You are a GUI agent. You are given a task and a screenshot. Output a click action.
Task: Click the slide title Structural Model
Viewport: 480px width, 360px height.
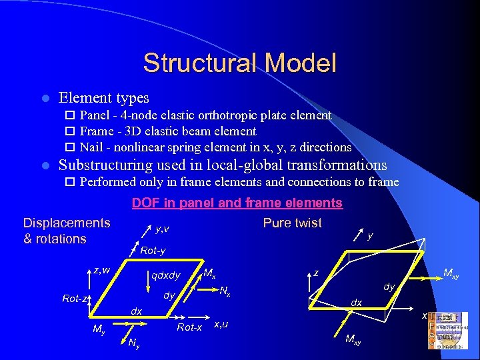239,63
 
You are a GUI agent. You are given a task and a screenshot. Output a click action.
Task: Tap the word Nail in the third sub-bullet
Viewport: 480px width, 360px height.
91,147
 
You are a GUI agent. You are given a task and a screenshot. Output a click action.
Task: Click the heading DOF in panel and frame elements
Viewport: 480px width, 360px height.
237,203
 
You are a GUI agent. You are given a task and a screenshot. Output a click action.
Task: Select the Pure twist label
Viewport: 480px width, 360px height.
292,223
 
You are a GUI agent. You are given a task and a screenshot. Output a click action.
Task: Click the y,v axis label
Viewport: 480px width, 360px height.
161,229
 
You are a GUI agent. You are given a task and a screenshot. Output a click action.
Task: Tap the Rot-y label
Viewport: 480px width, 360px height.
153,251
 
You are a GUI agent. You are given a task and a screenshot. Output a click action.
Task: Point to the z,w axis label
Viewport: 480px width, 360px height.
101,270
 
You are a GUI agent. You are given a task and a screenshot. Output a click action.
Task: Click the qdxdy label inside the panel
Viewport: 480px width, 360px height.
166,275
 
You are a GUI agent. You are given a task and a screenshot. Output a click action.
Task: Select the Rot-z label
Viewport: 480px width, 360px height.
75,299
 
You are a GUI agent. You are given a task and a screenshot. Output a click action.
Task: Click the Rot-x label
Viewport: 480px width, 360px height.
189,327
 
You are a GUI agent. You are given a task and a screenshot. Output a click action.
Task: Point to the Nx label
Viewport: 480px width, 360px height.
225,291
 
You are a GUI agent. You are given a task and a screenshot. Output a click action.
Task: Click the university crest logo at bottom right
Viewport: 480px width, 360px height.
450,330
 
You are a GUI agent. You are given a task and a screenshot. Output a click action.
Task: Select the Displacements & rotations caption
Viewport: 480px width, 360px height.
66,231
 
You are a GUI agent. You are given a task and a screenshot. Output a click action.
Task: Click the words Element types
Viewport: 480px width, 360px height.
104,98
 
